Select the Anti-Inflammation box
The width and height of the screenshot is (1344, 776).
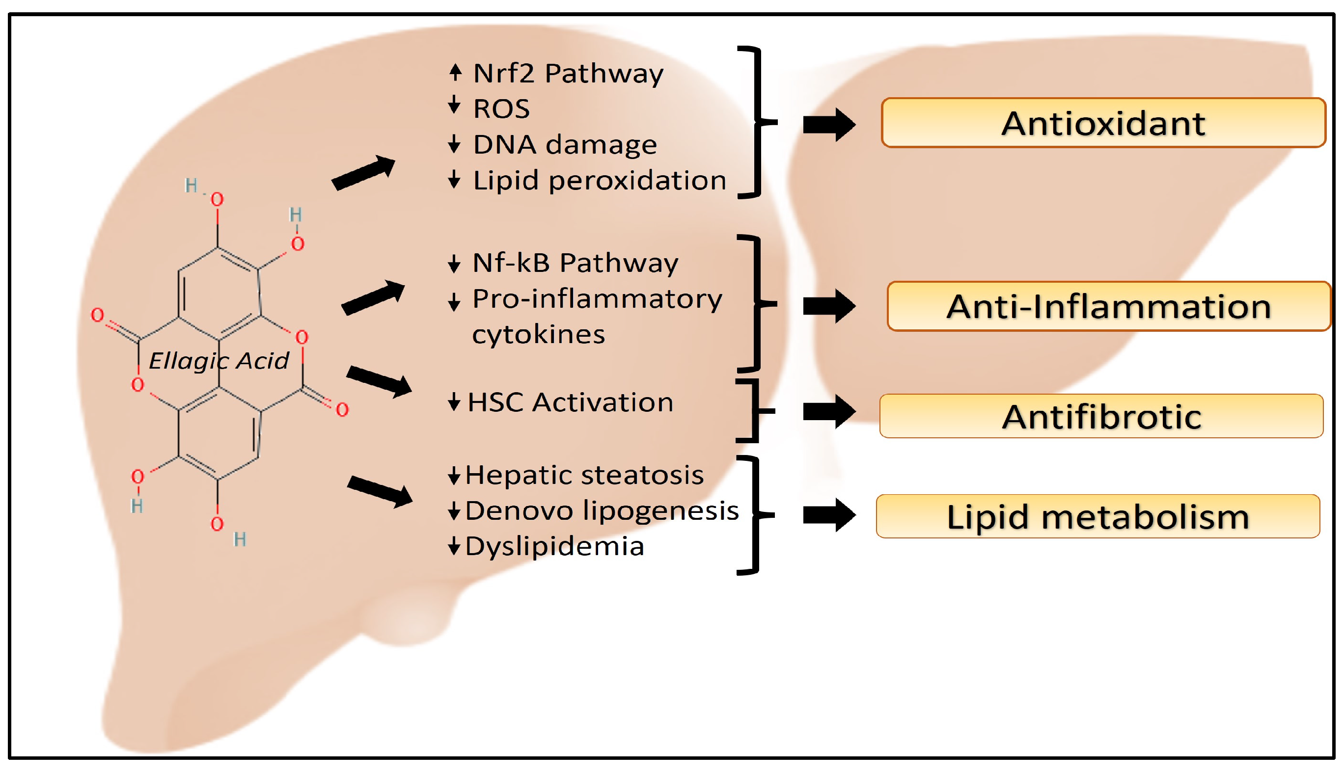[x=1108, y=306]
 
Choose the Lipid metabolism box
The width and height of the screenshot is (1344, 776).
[x=1097, y=516]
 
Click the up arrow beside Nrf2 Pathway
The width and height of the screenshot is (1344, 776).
[x=455, y=73]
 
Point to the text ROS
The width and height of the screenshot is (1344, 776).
[x=501, y=109]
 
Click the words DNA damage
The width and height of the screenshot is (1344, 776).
[x=565, y=144]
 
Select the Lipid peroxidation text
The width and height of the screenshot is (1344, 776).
[x=599, y=180]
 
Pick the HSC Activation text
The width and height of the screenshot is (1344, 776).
[x=570, y=402]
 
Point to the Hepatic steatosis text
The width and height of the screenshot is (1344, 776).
[x=584, y=475]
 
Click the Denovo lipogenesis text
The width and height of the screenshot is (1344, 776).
[x=602, y=510]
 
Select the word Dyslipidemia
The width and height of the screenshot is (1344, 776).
[x=554, y=546]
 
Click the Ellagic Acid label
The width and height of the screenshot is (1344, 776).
[x=218, y=361]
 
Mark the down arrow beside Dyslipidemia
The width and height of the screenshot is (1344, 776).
[x=454, y=546]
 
